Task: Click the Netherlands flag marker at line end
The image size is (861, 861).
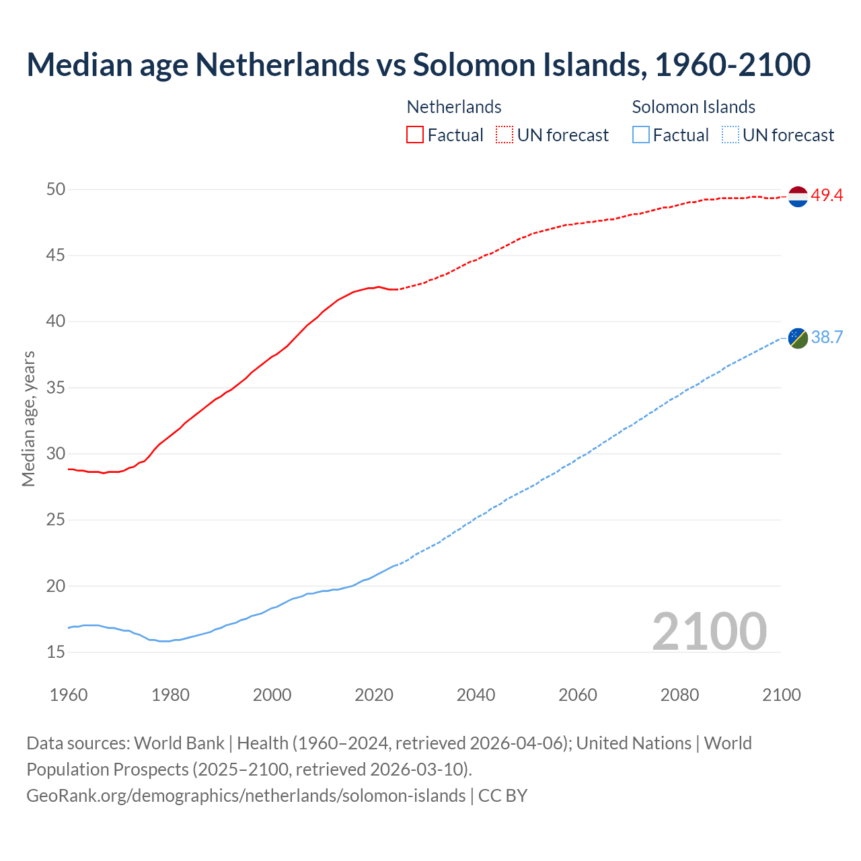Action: (798, 196)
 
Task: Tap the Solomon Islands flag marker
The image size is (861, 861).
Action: (798, 338)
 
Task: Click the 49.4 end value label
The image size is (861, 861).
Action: (827, 196)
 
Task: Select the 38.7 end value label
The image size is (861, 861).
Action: (827, 337)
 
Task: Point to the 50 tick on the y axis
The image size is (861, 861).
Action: (56, 190)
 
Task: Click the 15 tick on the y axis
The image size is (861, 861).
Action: (56, 652)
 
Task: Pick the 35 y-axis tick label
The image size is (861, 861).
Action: (56, 388)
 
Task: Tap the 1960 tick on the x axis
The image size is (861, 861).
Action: (69, 695)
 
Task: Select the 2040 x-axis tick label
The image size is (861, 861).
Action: (476, 695)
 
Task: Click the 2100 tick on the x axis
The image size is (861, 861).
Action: (781, 695)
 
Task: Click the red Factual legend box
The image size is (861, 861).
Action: (415, 135)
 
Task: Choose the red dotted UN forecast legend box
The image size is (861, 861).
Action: (504, 135)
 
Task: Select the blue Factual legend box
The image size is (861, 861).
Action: (641, 135)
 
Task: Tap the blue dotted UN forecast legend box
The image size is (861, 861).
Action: (730, 135)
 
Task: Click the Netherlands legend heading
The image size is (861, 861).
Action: (454, 107)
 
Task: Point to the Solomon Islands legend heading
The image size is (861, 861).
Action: (694, 107)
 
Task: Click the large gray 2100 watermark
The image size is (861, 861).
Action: (709, 631)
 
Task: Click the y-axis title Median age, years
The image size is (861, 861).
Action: (28, 418)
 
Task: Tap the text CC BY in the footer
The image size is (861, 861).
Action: (502, 796)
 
